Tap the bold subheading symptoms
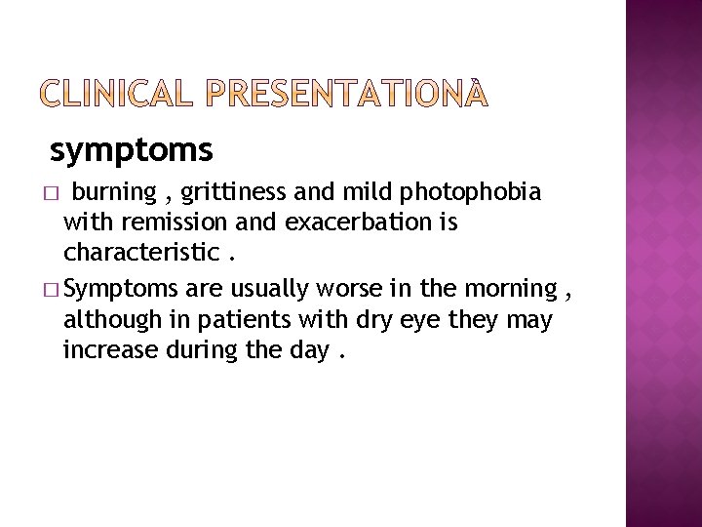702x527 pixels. coord(131,151)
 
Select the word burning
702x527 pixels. coord(115,190)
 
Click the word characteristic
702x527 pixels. coord(140,254)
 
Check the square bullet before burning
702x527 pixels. coord(55,191)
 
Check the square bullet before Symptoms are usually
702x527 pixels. coord(55,290)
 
